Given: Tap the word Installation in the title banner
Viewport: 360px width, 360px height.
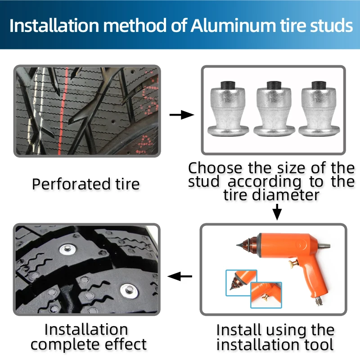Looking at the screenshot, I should coord(54,25).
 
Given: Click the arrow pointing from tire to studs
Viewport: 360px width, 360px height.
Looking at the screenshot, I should coord(181,115).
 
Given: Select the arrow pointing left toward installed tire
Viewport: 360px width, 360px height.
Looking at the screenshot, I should coord(180,276).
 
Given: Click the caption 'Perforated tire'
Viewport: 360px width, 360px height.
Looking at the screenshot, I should coord(85,184).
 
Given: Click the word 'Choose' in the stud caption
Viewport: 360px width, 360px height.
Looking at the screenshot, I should coord(216,168).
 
